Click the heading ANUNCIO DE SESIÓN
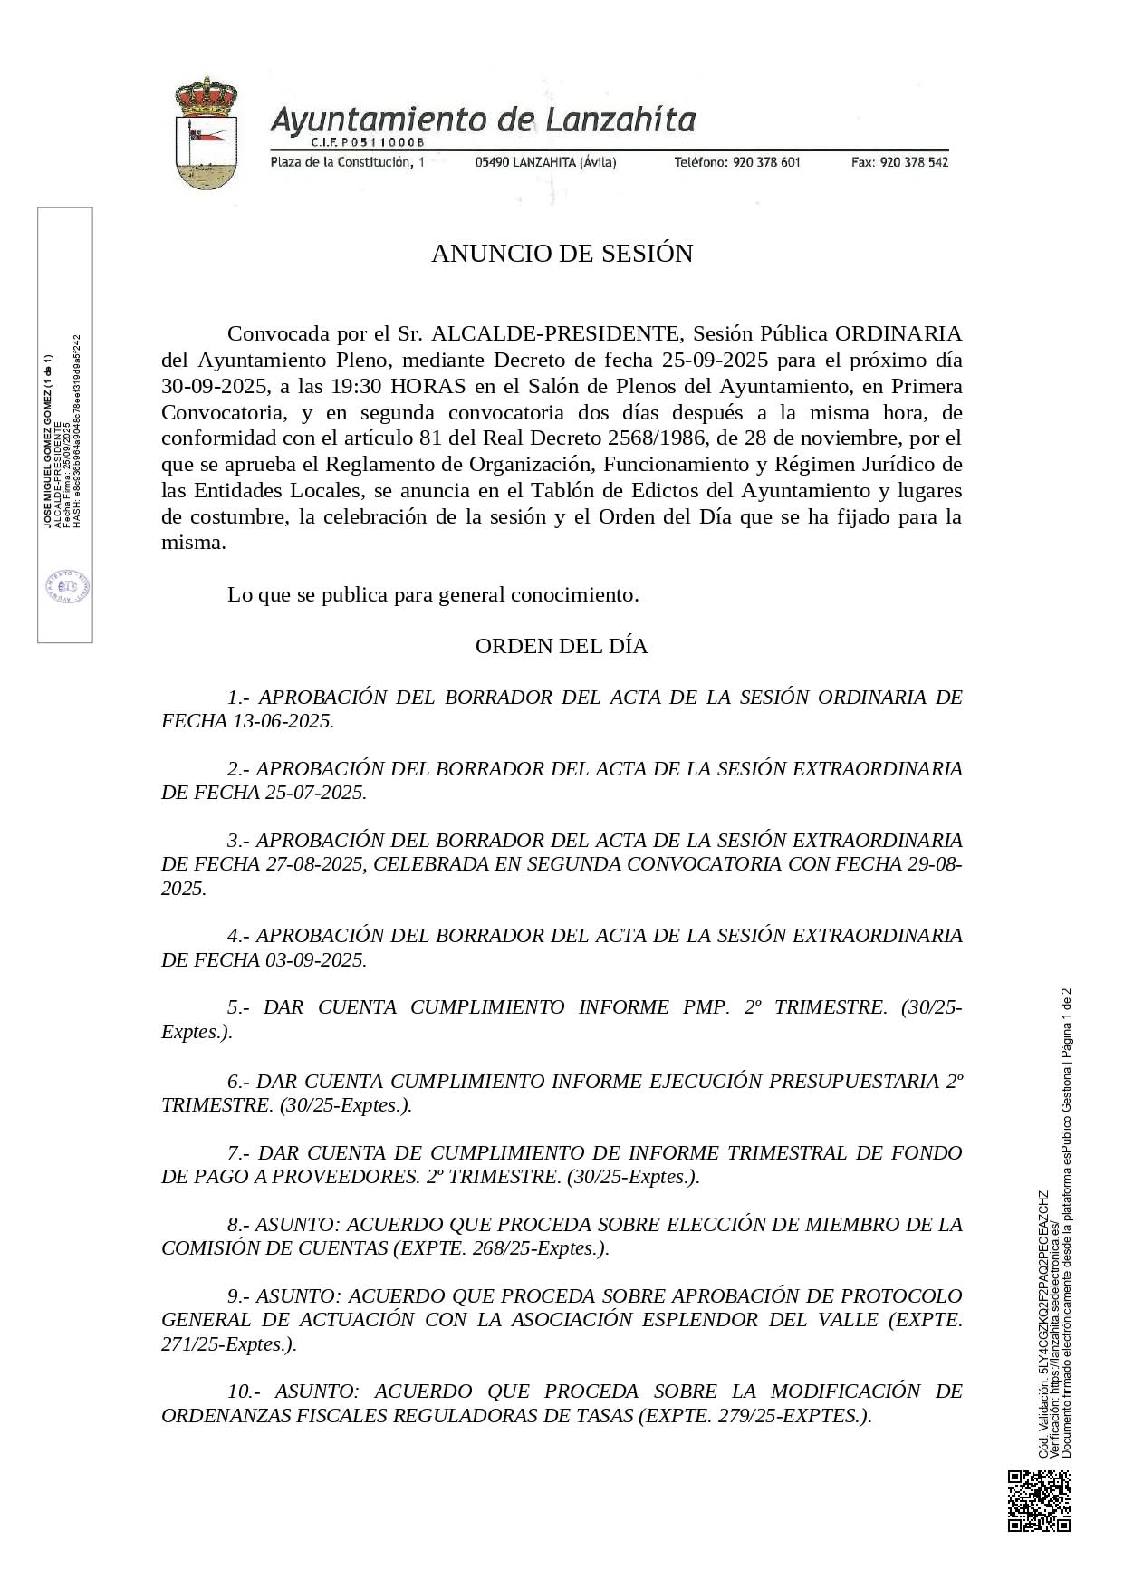(562, 254)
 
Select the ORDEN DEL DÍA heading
(562, 646)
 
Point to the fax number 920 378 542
(914, 162)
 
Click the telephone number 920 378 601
(766, 162)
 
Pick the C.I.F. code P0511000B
(380, 143)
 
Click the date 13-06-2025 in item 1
(282, 721)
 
